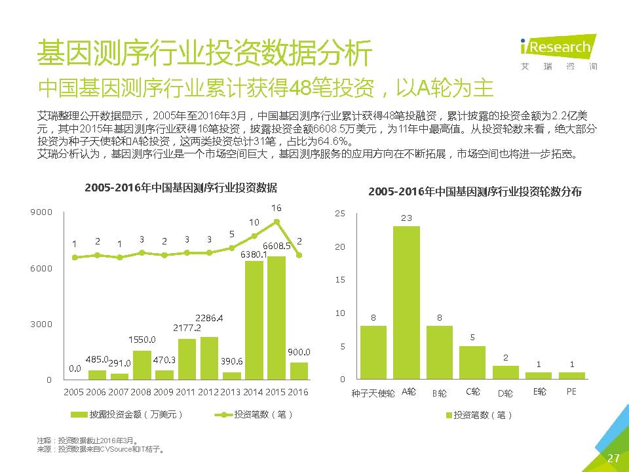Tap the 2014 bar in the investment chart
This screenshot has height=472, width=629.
tap(254, 321)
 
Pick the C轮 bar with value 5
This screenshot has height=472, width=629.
tap(472, 363)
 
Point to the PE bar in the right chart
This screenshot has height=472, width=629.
tap(571, 376)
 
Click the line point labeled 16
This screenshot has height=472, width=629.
tap(276, 222)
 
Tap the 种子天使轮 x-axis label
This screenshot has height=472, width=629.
tap(373, 393)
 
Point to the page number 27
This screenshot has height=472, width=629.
tap(613, 458)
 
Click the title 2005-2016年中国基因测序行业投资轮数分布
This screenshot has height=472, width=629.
tap(475, 192)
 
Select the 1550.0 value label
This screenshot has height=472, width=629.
tap(142, 340)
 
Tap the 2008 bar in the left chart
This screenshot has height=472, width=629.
tap(142, 365)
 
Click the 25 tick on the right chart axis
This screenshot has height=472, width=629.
tap(339, 214)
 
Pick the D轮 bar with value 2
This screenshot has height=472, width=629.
tap(505, 372)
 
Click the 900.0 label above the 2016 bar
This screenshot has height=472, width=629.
tap(299, 352)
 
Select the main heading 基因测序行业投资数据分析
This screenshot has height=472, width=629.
tap(204, 53)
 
